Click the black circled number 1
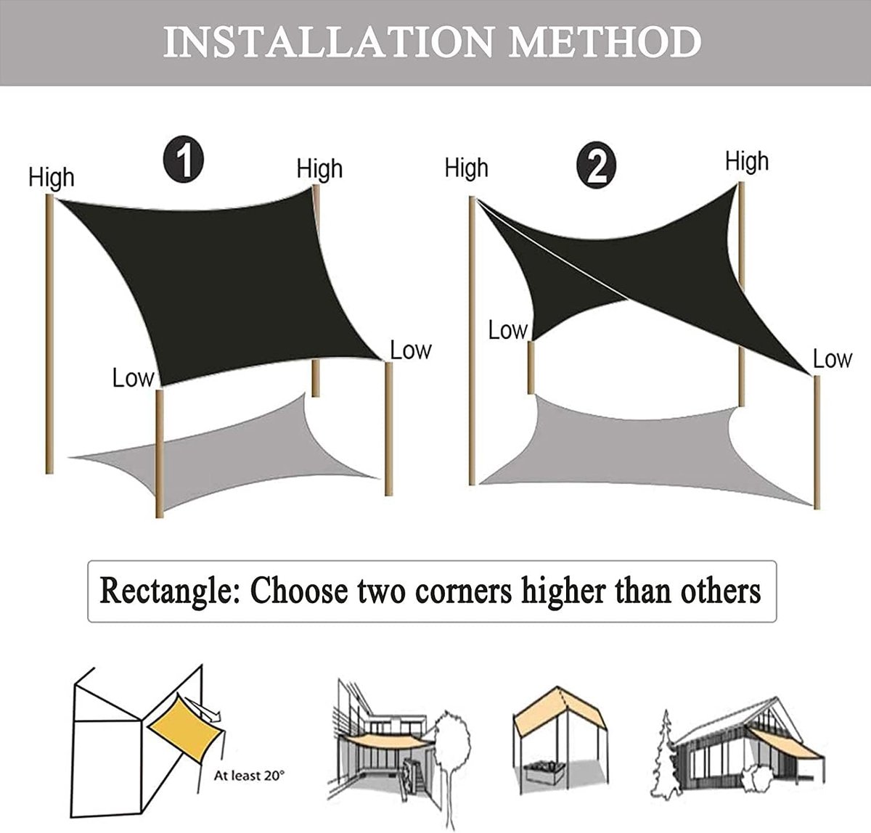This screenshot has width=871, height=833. tap(184, 160)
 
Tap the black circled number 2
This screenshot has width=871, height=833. tap(596, 165)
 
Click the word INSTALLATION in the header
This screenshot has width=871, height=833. tap(328, 42)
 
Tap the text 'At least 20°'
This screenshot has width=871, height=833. tap(249, 775)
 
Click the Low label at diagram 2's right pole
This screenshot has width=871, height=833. tap(833, 359)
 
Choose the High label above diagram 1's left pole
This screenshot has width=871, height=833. tap(51, 178)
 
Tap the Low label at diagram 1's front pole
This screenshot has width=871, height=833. tap(134, 379)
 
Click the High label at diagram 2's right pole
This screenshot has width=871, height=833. tap(747, 162)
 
